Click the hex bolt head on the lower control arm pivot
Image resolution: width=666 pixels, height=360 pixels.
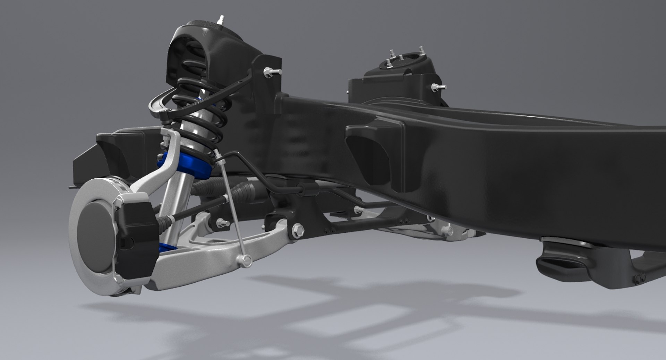298,230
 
